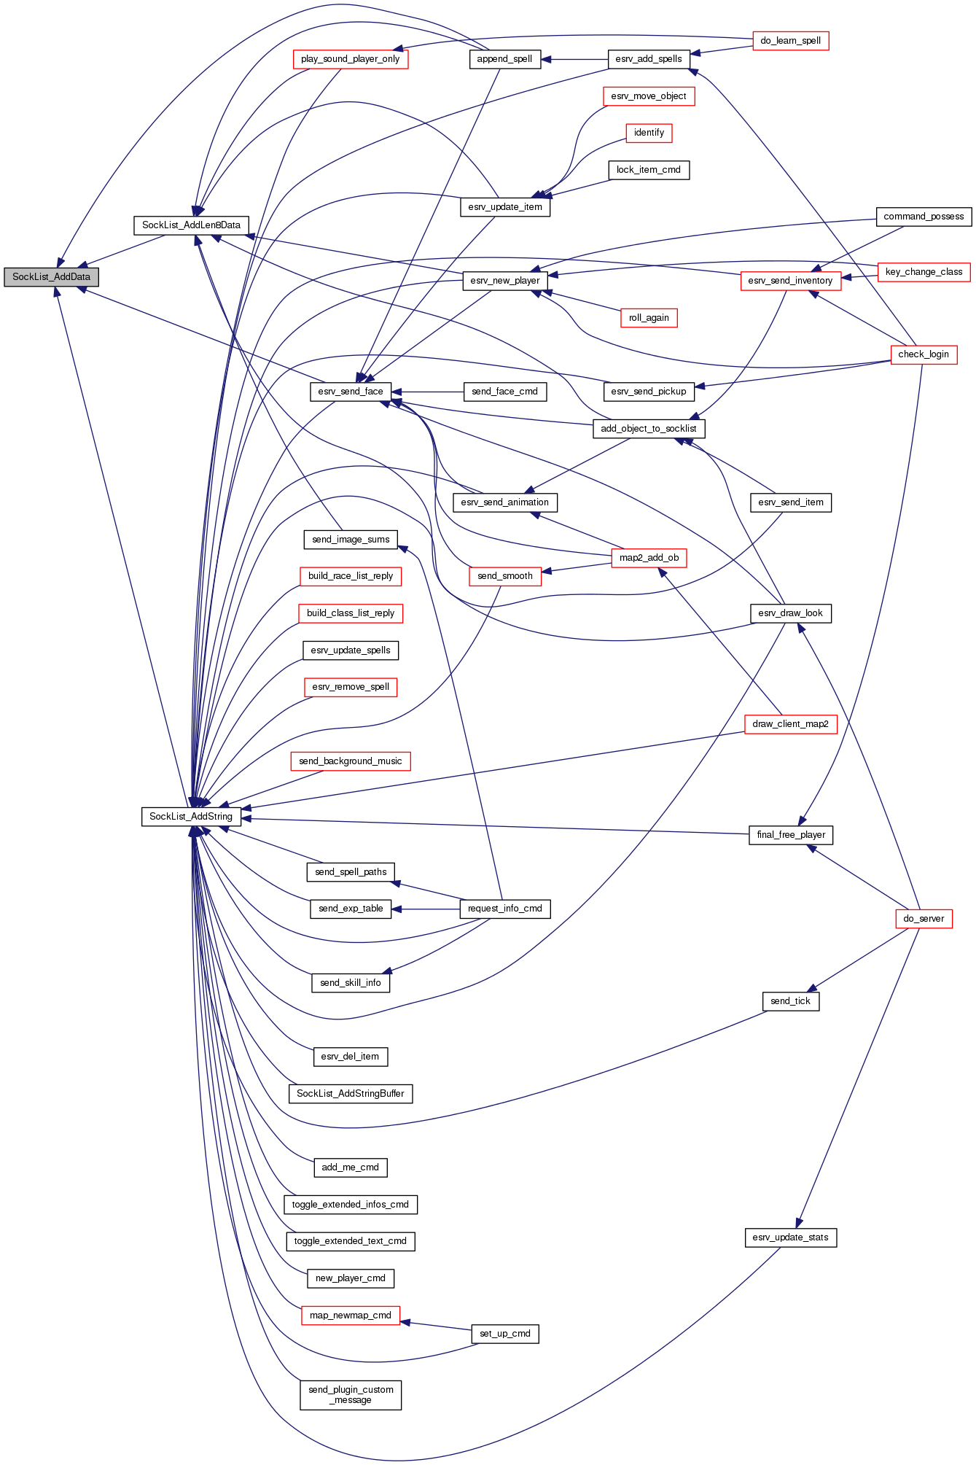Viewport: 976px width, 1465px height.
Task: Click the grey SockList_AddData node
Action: (51, 277)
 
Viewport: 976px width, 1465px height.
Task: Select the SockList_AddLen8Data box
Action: (191, 225)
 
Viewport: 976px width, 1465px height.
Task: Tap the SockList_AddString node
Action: (191, 817)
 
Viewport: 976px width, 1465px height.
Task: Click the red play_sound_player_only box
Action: (350, 59)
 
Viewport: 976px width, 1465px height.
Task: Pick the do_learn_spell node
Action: (790, 41)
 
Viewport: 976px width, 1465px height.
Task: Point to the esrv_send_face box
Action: (351, 392)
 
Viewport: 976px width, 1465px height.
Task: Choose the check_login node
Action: (924, 354)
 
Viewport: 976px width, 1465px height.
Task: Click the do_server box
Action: (924, 919)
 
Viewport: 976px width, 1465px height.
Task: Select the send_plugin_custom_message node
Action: (351, 1395)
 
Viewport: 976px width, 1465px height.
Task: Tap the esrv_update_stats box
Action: (790, 1237)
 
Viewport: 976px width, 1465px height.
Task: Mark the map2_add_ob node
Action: (649, 558)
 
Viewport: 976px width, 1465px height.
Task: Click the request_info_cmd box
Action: (505, 909)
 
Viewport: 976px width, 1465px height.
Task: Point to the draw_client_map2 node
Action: (790, 724)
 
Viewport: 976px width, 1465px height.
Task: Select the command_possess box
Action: (924, 217)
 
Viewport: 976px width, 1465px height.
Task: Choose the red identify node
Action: (649, 133)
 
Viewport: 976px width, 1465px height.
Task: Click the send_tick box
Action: (790, 1001)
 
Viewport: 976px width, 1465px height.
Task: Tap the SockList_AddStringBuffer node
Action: (351, 1094)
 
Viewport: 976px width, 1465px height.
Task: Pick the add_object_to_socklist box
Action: (649, 429)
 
